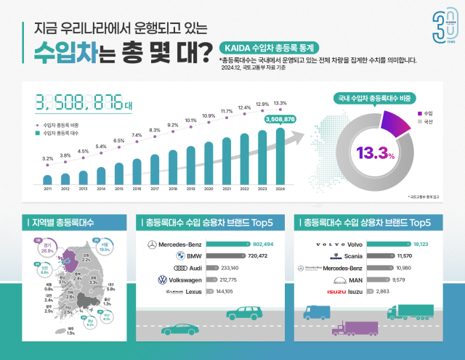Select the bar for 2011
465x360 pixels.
click(x=48, y=179)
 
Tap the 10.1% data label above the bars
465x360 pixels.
click(x=191, y=120)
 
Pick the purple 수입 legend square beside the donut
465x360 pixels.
click(x=419, y=114)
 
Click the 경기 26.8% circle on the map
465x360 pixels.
click(x=37, y=247)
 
